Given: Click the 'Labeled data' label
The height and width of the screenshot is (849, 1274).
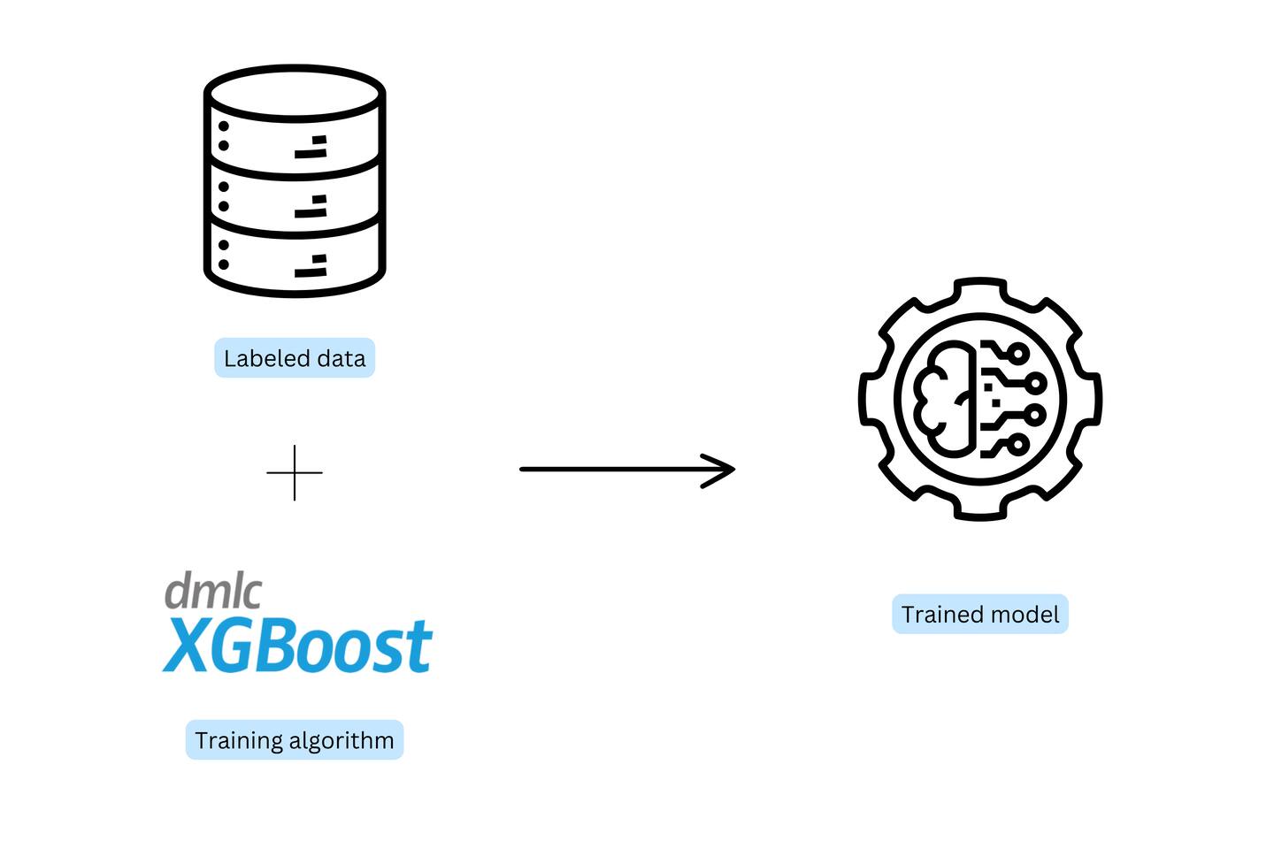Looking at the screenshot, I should pyautogui.click(x=295, y=358).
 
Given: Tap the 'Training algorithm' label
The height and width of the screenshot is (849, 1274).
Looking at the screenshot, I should pyautogui.click(x=295, y=740).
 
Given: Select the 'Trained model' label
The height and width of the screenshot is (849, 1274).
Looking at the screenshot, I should pyautogui.click(x=979, y=615).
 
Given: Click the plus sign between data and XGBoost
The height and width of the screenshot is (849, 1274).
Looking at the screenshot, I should pyautogui.click(x=295, y=472).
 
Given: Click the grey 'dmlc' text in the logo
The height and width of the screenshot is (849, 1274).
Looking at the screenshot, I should pyautogui.click(x=213, y=591).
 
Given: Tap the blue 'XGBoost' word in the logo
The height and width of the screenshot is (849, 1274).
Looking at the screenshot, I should pyautogui.click(x=298, y=645).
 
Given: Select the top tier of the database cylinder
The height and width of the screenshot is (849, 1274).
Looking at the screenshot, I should pyautogui.click(x=295, y=124).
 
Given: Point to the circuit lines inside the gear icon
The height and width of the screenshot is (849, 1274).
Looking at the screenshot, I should pyautogui.click(x=1013, y=398).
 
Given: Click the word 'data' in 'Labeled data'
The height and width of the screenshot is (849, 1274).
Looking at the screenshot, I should pyautogui.click(x=342, y=358).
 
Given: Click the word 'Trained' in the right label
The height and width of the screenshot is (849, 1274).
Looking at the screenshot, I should pyautogui.click(x=938, y=615).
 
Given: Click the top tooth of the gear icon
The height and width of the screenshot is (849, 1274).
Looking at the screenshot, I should pyautogui.click(x=980, y=287).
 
